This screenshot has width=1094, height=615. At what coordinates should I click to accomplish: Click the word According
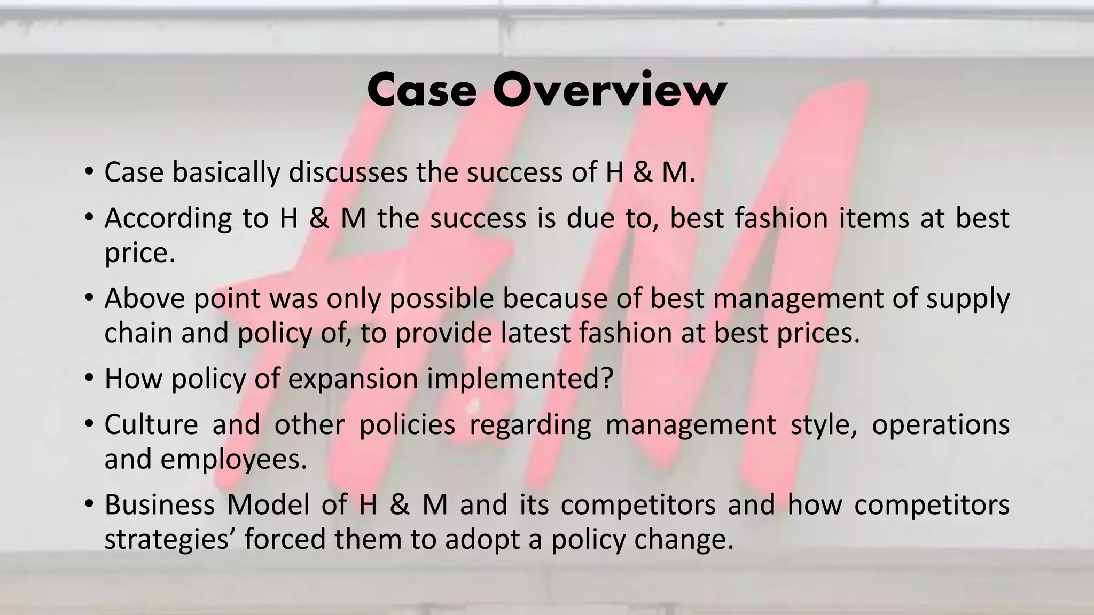[x=168, y=218]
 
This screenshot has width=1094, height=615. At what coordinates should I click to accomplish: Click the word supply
[x=967, y=298]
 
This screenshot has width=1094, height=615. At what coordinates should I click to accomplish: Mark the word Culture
[x=151, y=425]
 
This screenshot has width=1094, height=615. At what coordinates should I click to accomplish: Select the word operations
[x=940, y=425]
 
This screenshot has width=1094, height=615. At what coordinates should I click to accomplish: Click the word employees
[x=234, y=459]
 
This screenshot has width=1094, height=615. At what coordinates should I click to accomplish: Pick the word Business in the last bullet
[x=159, y=505]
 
